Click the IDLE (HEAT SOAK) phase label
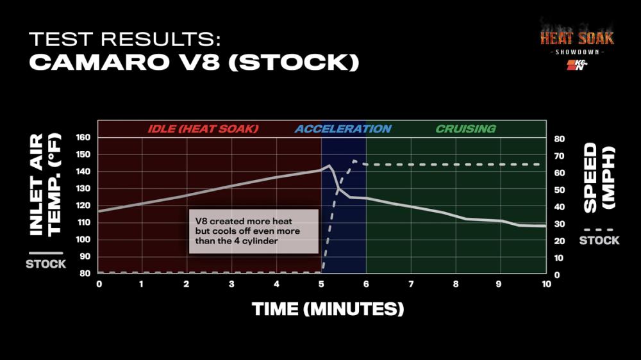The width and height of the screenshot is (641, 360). (203, 129)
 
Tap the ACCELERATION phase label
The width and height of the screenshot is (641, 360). (343, 129)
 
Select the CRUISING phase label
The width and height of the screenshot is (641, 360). (465, 129)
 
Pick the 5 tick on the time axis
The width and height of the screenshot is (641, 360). (321, 284)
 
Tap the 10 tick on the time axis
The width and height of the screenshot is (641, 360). (544, 284)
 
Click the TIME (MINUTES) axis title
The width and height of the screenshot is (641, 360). (328, 309)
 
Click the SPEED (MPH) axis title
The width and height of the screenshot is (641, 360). (598, 177)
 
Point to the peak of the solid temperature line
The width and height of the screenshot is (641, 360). (329, 165)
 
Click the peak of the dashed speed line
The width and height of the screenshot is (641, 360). (354, 161)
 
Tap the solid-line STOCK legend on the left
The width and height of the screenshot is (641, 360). (46, 263)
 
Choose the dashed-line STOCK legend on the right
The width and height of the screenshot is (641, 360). (599, 240)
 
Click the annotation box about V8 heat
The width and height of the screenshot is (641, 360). (254, 231)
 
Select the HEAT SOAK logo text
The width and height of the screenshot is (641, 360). (576, 38)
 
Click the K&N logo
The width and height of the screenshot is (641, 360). (577, 65)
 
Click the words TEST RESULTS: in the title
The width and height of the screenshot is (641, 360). (125, 39)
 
